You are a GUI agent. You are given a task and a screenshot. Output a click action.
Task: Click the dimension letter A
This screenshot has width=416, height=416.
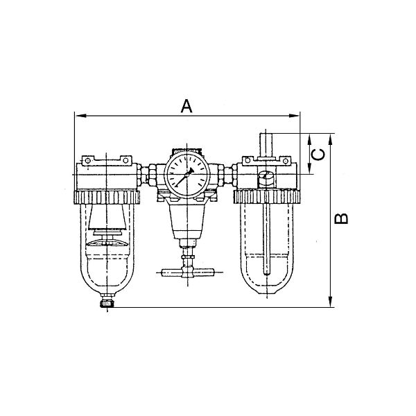pyautogui.click(x=187, y=106)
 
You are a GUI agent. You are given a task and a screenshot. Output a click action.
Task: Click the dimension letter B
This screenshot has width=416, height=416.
pyautogui.click(x=341, y=219)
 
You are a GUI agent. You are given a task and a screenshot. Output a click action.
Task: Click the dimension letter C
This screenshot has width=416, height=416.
pyautogui.click(x=318, y=155)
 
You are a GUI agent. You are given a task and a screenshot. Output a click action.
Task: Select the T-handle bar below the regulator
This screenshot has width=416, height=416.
pyautogui.click(x=188, y=272)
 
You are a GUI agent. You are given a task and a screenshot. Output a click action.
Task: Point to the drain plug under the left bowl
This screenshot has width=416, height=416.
pyautogui.click(x=107, y=303)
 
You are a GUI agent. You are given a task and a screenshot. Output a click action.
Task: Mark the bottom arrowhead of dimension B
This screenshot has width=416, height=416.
pyautogui.click(x=330, y=302)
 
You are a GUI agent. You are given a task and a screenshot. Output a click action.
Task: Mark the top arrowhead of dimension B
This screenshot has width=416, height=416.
pyautogui.click(x=330, y=139)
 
